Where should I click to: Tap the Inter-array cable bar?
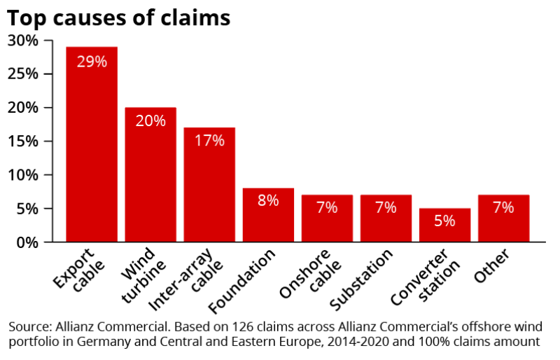(x=209, y=185)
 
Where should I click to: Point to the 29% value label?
(x=92, y=62)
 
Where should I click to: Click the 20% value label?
(x=150, y=121)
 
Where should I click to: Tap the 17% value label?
(x=209, y=141)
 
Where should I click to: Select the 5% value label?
(x=444, y=221)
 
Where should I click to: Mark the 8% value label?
(x=268, y=200)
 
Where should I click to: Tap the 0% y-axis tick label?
(x=28, y=242)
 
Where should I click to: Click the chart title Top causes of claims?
(x=119, y=18)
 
